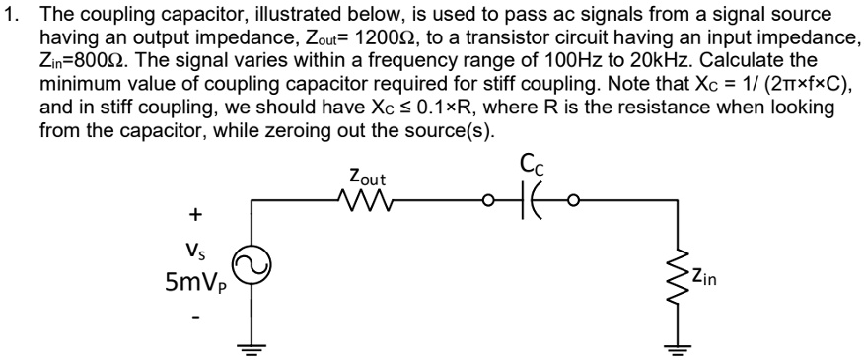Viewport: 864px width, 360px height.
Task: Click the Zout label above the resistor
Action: click(367, 178)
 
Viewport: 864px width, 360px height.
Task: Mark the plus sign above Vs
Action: click(195, 213)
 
